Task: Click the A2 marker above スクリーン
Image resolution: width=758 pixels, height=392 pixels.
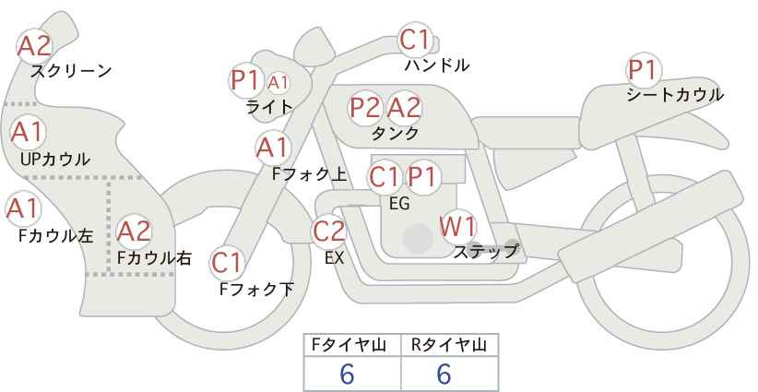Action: (x=34, y=46)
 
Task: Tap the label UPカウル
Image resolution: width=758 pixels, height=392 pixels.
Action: (x=55, y=159)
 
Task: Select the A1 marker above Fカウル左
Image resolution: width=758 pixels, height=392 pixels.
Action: (x=23, y=208)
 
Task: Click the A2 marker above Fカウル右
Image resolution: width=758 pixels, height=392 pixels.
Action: (x=134, y=232)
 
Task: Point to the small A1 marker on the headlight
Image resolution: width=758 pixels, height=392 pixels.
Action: (x=278, y=83)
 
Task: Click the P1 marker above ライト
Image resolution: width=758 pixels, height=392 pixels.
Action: (x=246, y=80)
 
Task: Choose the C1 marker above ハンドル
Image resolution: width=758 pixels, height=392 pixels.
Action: (x=415, y=40)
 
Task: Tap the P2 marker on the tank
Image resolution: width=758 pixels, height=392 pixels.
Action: (x=365, y=107)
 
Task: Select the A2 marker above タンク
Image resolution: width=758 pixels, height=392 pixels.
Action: (x=404, y=107)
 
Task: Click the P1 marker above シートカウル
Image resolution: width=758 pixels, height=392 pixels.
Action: (x=644, y=70)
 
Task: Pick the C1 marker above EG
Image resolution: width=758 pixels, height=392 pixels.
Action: (x=385, y=177)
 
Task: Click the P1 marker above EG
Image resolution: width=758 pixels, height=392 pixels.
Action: (x=422, y=177)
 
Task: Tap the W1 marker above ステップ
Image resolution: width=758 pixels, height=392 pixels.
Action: (x=457, y=227)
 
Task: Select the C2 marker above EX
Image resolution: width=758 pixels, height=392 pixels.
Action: (x=328, y=231)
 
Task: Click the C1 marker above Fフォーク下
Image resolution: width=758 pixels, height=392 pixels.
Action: (x=227, y=263)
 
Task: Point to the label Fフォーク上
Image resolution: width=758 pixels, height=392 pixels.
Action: (x=310, y=174)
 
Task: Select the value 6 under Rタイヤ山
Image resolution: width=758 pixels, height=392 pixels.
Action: (x=444, y=374)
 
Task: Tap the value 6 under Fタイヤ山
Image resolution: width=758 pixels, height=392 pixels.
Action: (x=347, y=374)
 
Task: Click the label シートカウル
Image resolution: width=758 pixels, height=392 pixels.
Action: (x=675, y=95)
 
